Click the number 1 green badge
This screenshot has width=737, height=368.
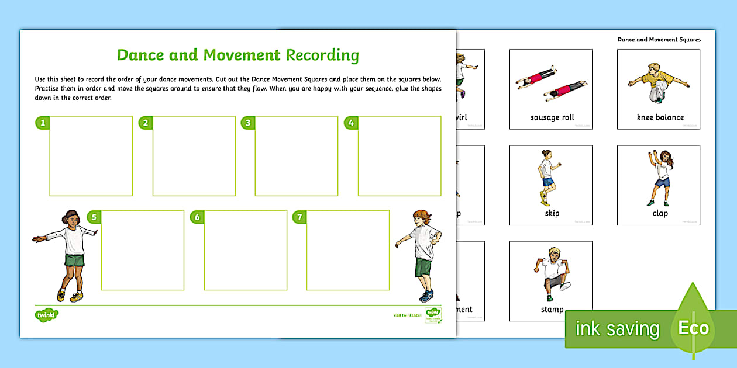[x=42, y=123]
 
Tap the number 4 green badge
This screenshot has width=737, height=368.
[x=350, y=123]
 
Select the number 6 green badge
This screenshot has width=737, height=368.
[x=197, y=217]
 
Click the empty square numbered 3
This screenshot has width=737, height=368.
[x=297, y=156]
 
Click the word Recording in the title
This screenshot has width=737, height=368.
[x=322, y=55]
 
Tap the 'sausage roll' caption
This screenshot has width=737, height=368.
[x=552, y=117]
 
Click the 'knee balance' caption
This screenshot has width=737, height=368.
[x=660, y=117]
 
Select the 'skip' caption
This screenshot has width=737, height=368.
[x=552, y=213]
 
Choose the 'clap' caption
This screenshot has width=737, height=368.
[x=660, y=213]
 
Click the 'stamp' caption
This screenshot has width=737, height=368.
[x=552, y=309]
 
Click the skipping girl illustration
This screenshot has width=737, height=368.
[x=547, y=178]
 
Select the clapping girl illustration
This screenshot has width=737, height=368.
[x=659, y=178]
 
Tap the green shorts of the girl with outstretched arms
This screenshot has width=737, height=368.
[x=74, y=259]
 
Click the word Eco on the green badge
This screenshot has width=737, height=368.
[x=694, y=328]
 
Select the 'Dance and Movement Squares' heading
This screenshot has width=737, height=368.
[x=659, y=40]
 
